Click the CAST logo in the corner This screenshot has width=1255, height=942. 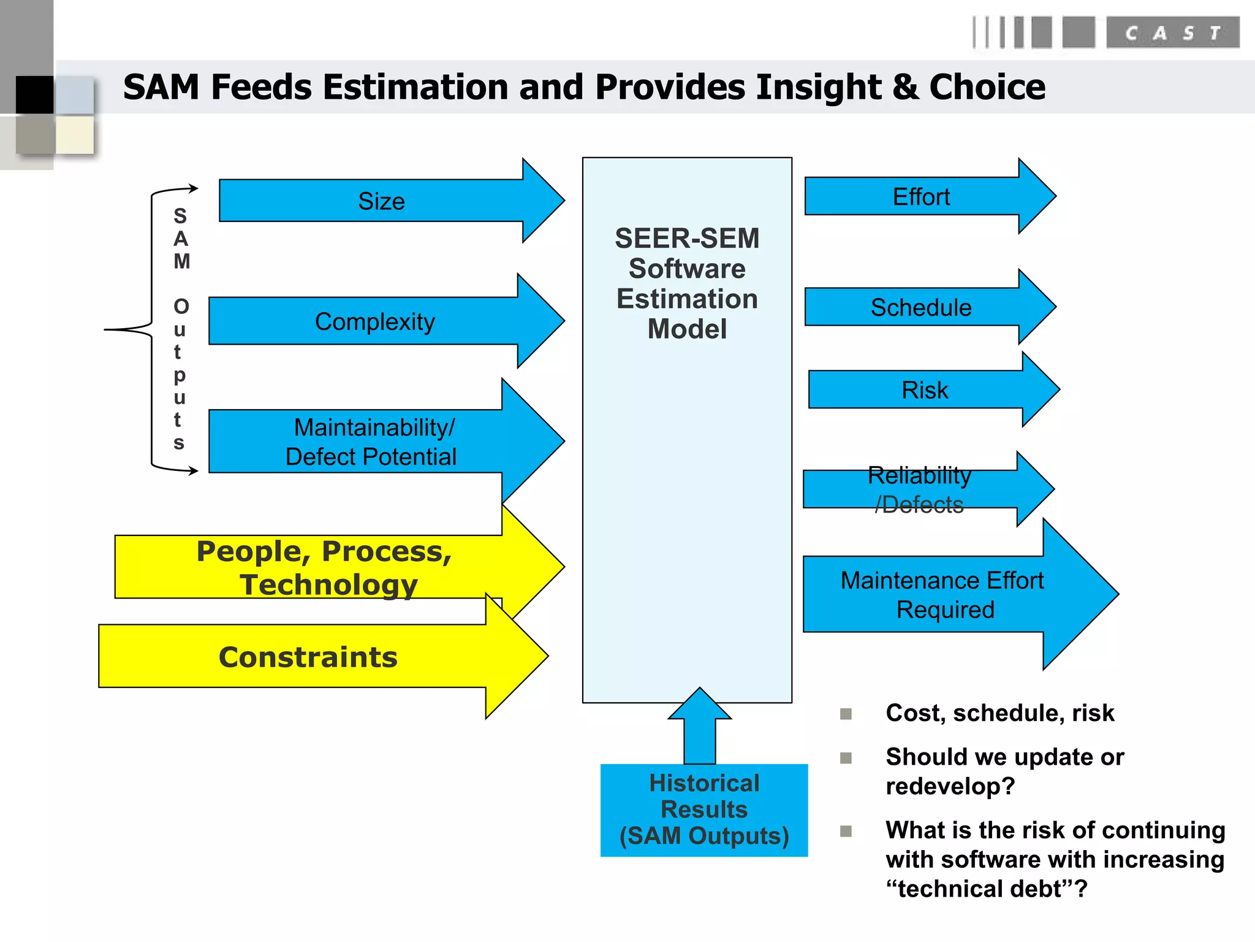click(1172, 33)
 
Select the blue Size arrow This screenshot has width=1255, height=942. click(381, 201)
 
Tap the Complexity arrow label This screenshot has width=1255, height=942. click(374, 321)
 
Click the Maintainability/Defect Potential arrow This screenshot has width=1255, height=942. click(371, 442)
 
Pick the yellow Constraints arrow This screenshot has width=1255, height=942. click(308, 657)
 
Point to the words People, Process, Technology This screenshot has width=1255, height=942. click(325, 567)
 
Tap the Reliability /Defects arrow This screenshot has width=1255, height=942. click(919, 489)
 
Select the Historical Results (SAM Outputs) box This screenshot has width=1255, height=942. click(703, 810)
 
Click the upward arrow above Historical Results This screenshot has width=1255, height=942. click(699, 727)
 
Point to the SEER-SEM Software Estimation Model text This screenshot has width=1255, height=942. click(687, 283)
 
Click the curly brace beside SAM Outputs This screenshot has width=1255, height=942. click(147, 329)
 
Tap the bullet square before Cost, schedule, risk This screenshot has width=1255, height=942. click(846, 714)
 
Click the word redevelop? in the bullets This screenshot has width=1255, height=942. click(950, 786)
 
